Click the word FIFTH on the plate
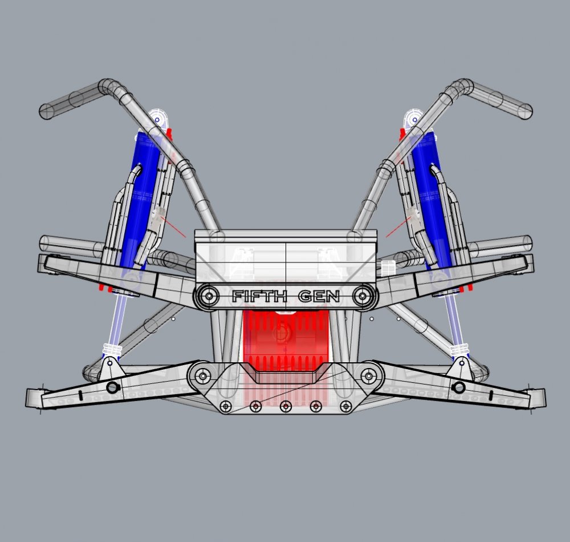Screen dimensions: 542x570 coord(259,297)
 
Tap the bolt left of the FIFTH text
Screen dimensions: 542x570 coord(209,296)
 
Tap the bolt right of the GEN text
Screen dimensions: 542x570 coord(361,296)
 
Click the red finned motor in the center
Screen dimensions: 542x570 coord(285,339)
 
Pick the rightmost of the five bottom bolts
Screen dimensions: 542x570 coord(345,406)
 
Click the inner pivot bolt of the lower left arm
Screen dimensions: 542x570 coord(202,375)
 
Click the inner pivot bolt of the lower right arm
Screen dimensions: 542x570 coord(368,375)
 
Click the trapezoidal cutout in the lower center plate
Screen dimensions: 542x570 coord(285,374)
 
